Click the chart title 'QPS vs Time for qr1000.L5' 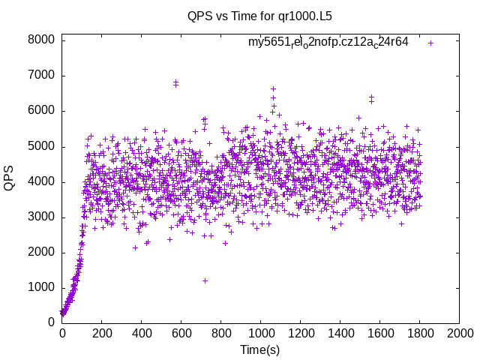click(x=259, y=16)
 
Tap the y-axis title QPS click(x=10, y=178)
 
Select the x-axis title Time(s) click(x=260, y=349)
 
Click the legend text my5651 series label click(x=328, y=42)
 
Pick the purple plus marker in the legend click(x=430, y=43)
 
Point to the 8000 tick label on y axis click(x=42, y=40)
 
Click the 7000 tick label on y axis click(x=42, y=76)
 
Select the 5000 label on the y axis click(x=42, y=146)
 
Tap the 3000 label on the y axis click(x=42, y=217)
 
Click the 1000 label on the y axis click(x=42, y=287)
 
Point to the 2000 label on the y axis click(x=42, y=252)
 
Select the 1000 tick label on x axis click(x=260, y=333)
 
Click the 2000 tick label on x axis click(x=459, y=333)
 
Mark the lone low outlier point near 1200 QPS click(x=205, y=280)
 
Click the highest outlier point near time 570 click(x=175, y=82)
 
